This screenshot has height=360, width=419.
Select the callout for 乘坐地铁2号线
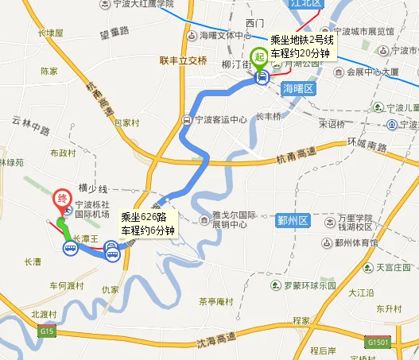pyautogui.click(x=301, y=46)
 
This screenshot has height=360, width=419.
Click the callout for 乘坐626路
pyautogui.click(x=146, y=222)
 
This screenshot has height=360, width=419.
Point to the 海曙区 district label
pyautogui.click(x=299, y=89)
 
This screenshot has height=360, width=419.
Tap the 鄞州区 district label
pyautogui.click(x=292, y=219)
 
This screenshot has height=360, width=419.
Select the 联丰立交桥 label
pyautogui.click(x=183, y=60)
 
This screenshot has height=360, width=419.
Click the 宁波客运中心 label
pyautogui.click(x=220, y=121)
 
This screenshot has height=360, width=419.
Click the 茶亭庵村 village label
pyautogui.click(x=215, y=301)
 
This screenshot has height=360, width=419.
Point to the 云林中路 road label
pyautogui.click(x=31, y=126)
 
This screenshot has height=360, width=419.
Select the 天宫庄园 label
pyautogui.click(x=395, y=267)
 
